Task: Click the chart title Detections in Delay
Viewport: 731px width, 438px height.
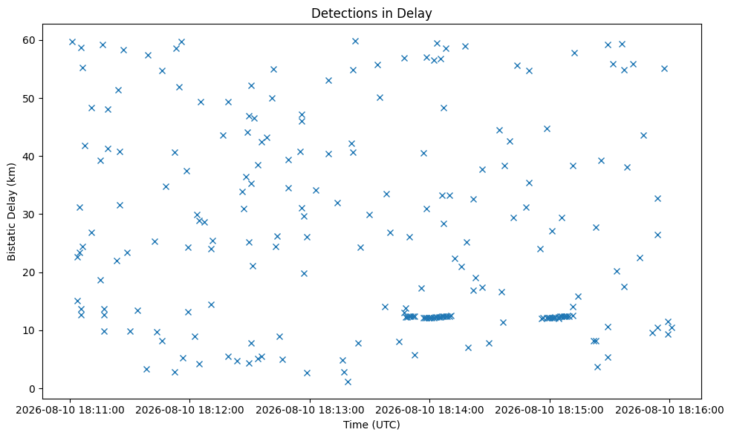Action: coord(371,13)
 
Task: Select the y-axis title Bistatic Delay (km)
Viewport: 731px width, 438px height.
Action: coord(12,212)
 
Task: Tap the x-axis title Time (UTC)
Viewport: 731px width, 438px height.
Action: coord(371,425)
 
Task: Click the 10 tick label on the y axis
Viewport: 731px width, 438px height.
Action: coord(30,331)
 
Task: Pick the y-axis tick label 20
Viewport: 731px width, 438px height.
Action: coord(30,272)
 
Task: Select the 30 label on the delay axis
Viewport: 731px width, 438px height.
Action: coord(30,215)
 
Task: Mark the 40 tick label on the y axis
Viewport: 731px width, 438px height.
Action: coord(30,157)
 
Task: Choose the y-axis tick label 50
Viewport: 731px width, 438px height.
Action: coord(30,98)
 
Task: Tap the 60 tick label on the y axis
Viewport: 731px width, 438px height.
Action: coord(30,41)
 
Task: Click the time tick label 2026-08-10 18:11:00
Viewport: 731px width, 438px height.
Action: coord(70,410)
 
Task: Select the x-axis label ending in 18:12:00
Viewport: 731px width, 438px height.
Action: coord(189,410)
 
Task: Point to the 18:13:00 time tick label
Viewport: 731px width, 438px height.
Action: coord(310,410)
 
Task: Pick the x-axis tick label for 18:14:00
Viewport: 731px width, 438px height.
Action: coord(429,410)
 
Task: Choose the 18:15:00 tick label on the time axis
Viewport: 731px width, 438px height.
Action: coord(549,410)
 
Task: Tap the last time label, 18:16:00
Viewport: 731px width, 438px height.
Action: coord(669,410)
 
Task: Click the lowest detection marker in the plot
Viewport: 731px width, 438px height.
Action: coord(348,382)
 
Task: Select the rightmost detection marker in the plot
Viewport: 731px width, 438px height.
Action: coord(672,327)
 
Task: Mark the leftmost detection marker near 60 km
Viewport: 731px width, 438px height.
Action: coord(72,42)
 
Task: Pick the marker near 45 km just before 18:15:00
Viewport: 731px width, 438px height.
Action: coord(547,128)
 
